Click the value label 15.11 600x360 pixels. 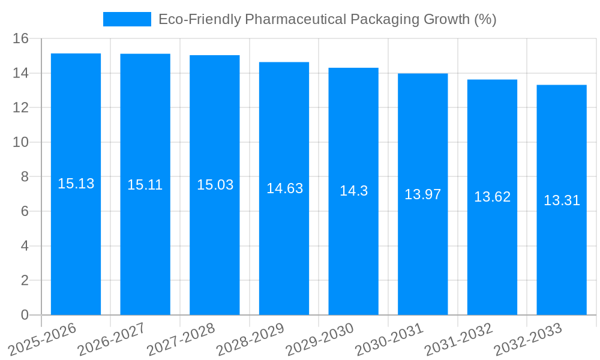(145, 185)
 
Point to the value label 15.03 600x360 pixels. (215, 185)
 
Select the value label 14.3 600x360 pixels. (353, 191)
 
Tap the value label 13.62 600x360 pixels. (492, 197)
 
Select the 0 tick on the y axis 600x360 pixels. (25, 315)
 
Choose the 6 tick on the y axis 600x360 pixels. (25, 212)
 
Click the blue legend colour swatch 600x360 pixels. (127, 19)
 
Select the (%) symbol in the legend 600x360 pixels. (485, 19)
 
